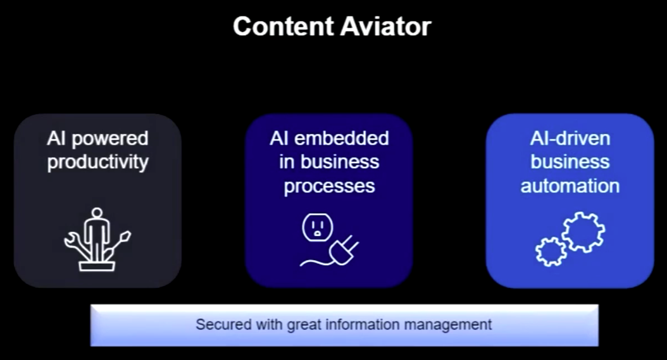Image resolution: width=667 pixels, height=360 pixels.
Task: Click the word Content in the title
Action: tap(284, 27)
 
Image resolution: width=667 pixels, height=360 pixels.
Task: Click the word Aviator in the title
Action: tap(386, 27)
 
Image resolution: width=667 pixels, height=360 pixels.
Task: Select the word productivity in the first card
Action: tap(98, 163)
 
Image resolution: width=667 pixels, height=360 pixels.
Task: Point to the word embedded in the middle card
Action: tap(341, 139)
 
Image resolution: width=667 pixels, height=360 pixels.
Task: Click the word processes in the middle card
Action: tap(329, 187)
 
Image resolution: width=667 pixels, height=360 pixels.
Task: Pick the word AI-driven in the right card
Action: tap(570, 139)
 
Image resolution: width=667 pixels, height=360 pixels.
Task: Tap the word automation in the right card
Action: tap(570, 186)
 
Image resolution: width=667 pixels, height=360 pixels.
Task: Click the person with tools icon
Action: tap(97, 240)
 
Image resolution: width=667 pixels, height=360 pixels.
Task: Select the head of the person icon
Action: tap(97, 213)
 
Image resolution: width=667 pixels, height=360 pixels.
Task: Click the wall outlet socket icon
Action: tap(317, 228)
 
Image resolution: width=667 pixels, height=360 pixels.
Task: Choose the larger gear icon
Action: tap(583, 232)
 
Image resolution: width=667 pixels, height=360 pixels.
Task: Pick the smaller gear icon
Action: tap(551, 252)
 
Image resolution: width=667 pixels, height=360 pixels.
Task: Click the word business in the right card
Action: tap(570, 162)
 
